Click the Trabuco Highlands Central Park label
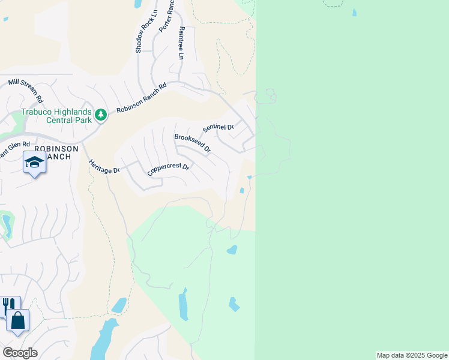(56, 115)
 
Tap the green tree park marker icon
(101, 114)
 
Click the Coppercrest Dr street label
(168, 170)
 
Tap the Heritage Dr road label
(104, 166)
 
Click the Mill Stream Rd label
(25, 89)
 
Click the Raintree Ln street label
(180, 42)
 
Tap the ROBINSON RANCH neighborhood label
(56, 152)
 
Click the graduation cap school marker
(34, 162)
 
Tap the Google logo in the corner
(20, 352)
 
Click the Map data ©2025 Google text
(412, 355)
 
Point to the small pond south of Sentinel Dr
(241, 191)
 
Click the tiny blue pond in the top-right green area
(354, 12)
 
